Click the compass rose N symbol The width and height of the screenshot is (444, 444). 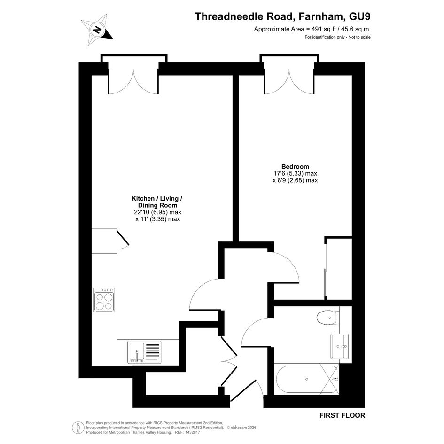coord(97,30)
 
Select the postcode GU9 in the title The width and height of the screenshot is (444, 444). coord(360,16)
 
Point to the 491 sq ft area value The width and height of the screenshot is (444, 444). coord(322,29)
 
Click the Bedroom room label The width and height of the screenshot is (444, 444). coord(295,166)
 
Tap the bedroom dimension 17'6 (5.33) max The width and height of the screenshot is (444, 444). coord(295,173)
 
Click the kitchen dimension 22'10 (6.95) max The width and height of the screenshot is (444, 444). coord(158,212)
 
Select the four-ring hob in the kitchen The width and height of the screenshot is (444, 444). coord(104,300)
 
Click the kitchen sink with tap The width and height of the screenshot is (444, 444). coord(144,352)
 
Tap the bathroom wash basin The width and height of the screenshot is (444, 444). coord(340,346)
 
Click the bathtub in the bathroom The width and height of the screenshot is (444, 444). coord(306,379)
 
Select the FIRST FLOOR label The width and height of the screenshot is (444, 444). coord(343,415)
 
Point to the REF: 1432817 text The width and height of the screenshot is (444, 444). coord(188,432)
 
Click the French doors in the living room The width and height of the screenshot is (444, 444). coord(133,82)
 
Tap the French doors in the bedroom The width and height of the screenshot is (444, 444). coord(289,82)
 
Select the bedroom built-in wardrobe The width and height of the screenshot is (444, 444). coord(338,268)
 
